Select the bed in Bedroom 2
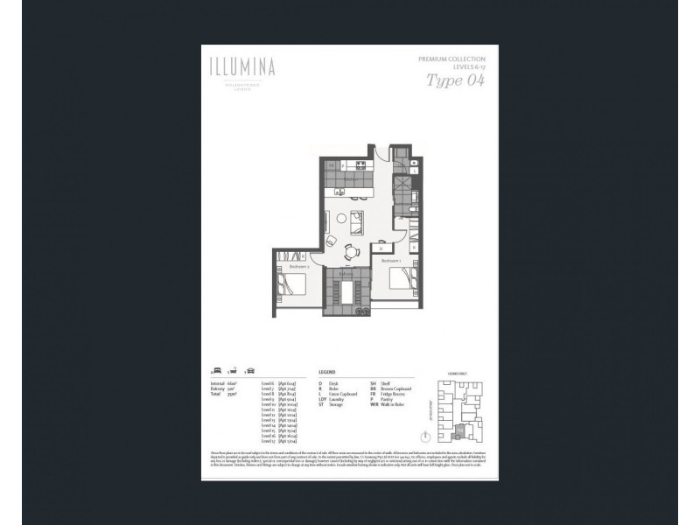[291, 283]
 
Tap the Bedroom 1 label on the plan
[390, 261]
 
